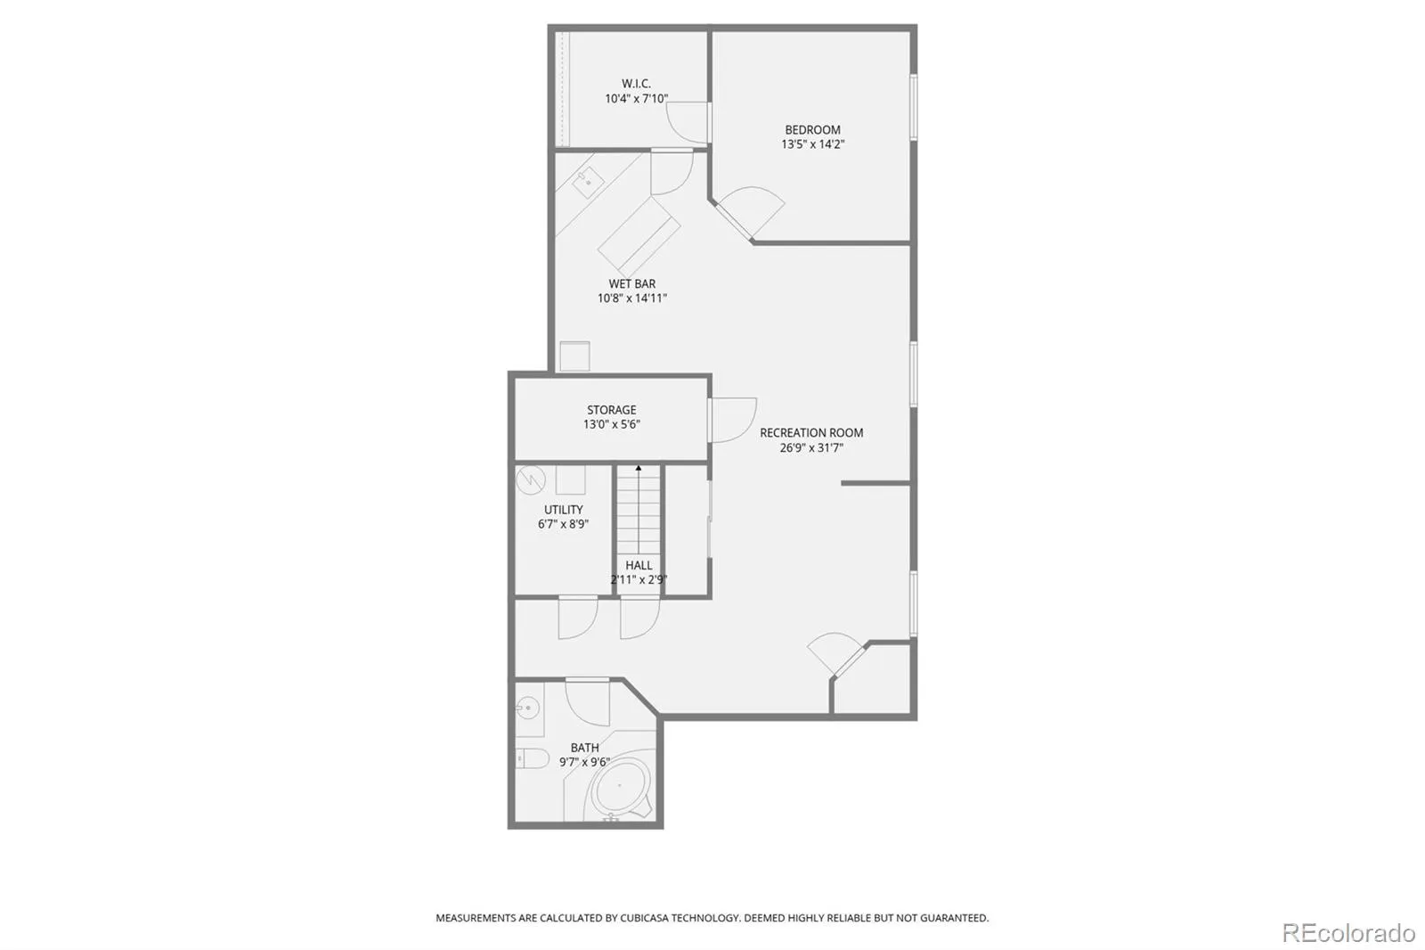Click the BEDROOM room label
812,130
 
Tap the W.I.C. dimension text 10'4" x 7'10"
636,99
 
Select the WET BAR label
631,284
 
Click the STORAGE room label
611,410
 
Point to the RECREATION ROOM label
811,433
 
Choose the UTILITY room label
563,510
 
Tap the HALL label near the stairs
639,565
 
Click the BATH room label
584,748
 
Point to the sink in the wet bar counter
589,183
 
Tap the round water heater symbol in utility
531,480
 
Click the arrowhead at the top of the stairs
639,469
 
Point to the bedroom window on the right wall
914,107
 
